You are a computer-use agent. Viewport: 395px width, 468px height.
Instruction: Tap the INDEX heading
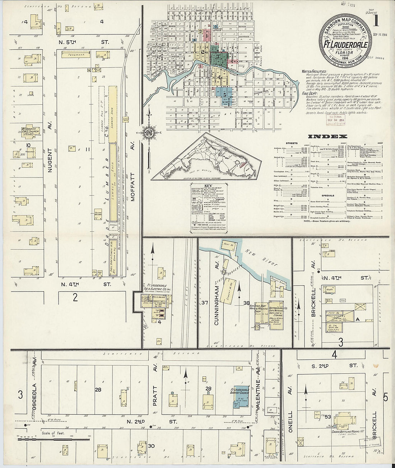tap(328, 136)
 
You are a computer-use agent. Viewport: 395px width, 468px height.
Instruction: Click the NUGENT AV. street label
tap(51, 136)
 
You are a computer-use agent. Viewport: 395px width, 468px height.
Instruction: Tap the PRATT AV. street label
tap(155, 394)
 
